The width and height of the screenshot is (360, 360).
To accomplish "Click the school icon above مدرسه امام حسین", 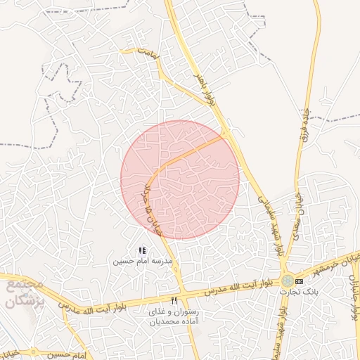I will coord(142,250).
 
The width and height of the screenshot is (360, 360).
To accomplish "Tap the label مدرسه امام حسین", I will coord(143,261).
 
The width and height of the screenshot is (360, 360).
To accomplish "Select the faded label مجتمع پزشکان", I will coord(25,294).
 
